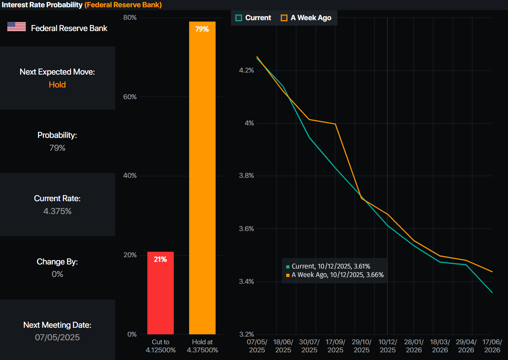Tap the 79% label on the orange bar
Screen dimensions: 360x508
[202, 29]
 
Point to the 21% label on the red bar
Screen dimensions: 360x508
[160, 259]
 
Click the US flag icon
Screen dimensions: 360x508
[17, 27]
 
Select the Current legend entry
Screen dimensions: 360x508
[254, 18]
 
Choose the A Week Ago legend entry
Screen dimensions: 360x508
[306, 18]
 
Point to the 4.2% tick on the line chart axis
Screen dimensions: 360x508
[246, 71]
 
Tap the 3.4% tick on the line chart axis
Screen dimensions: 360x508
[246, 281]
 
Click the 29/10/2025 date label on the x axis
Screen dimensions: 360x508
[362, 346]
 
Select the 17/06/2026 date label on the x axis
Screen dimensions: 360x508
[492, 346]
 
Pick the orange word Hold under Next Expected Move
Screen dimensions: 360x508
[57, 85]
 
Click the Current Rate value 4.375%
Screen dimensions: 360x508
[57, 211]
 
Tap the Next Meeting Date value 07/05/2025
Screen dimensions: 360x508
[57, 337]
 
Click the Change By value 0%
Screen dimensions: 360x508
[57, 274]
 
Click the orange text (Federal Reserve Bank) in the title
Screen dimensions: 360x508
[123, 5]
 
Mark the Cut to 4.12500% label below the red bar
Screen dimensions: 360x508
[160, 346]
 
